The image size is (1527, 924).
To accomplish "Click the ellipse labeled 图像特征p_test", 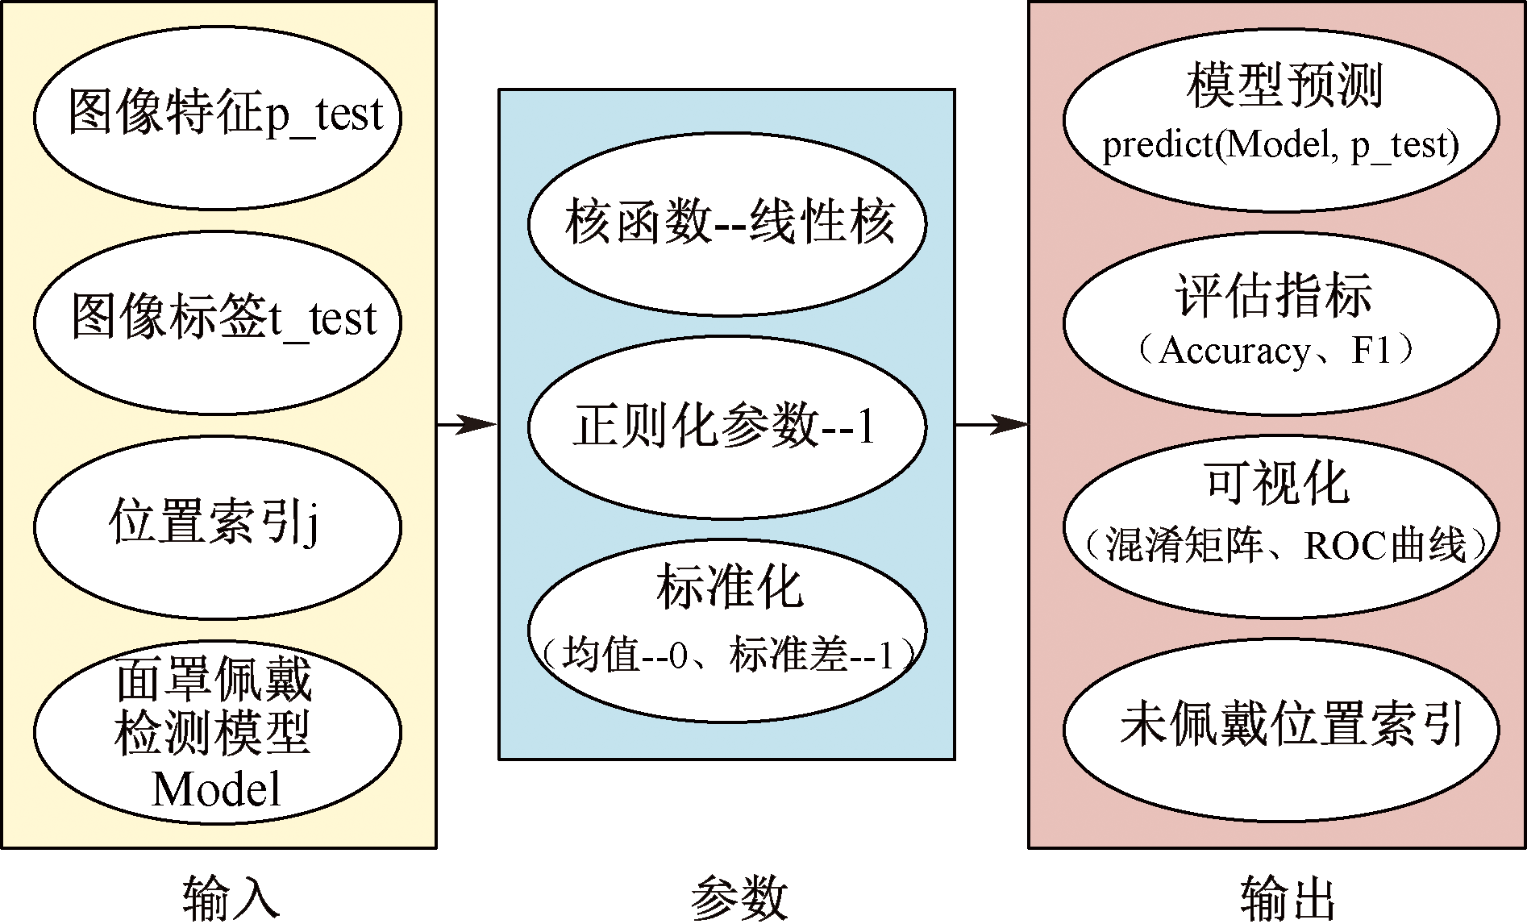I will pos(218,116).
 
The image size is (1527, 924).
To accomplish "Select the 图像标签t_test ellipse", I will pos(218,321).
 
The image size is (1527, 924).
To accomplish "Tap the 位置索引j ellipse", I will pos(218,526).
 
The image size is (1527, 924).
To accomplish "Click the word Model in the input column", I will pos(216,789).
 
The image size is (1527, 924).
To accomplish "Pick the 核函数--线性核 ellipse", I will pos(727,223).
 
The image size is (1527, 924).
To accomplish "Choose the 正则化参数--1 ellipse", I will pos(727,427).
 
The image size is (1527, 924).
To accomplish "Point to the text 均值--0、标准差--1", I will pos(729,655).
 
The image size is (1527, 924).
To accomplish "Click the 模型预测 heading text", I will pos(1284,87).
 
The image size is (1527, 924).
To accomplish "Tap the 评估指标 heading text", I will pos(1274,297).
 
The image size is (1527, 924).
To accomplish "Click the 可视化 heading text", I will pos(1277,484).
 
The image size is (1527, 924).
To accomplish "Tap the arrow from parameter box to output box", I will pos(992,424).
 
